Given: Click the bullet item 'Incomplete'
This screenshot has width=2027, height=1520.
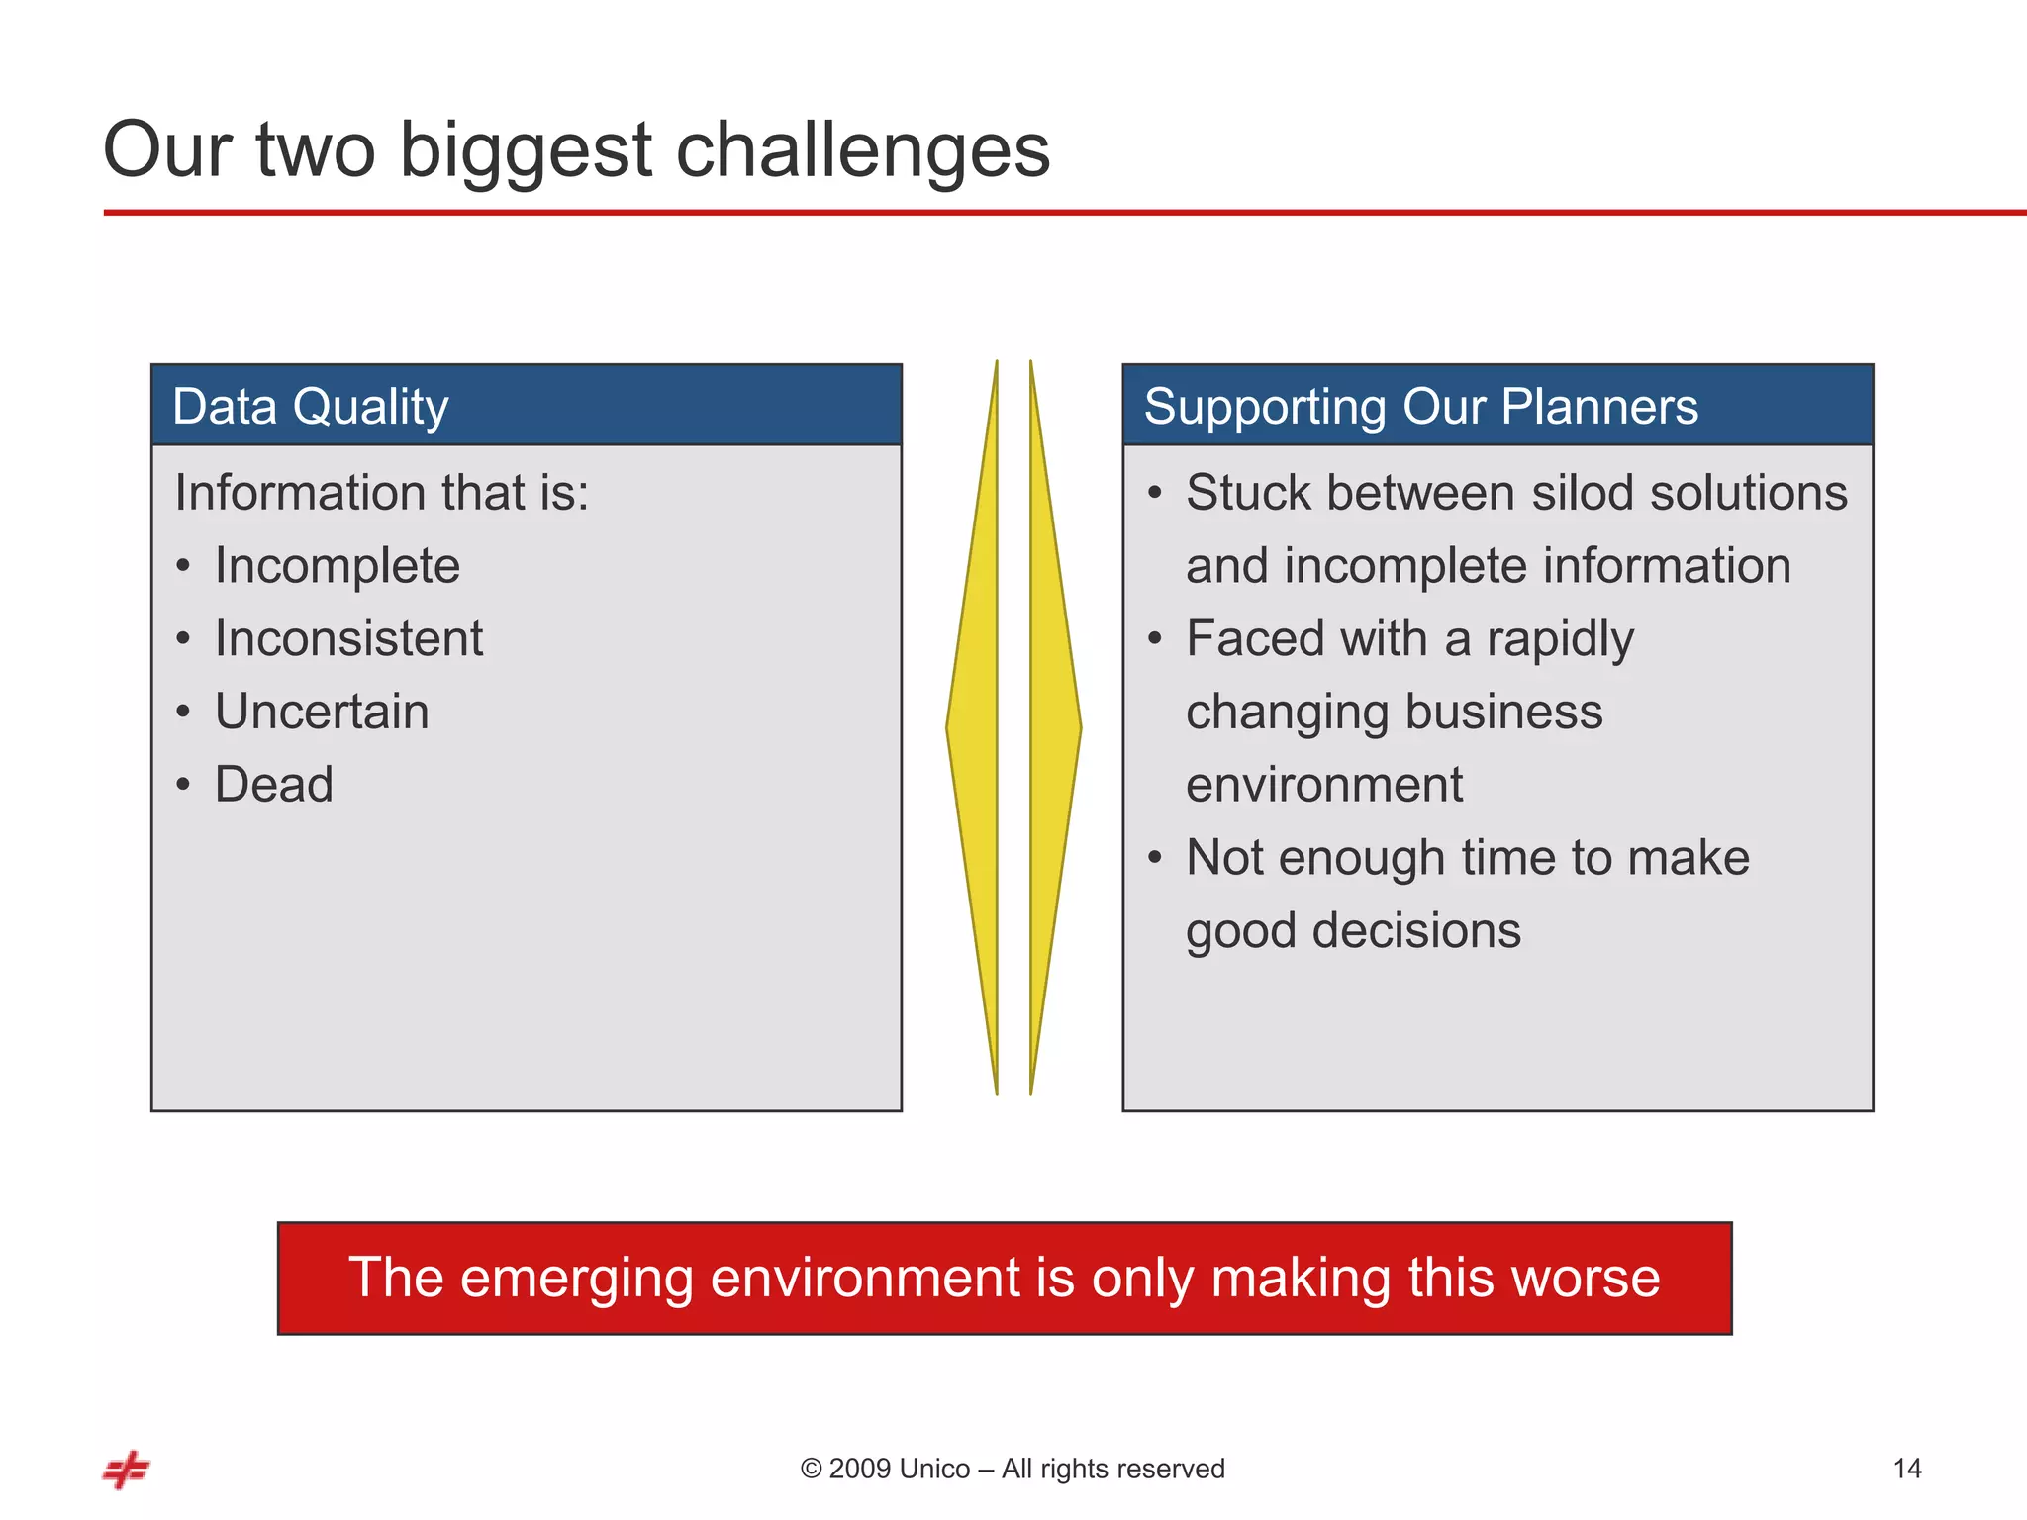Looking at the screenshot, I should coord(337,566).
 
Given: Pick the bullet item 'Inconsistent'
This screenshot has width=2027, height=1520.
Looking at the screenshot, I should coord(348,638).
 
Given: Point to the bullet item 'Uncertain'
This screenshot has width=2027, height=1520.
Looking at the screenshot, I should coord(322,712).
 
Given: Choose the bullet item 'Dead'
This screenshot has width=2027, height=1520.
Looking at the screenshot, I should coord(274,785).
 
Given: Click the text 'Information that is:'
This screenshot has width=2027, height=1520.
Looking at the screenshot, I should coord(381,493).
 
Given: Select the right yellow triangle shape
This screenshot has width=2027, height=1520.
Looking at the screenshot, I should coord(1051,727).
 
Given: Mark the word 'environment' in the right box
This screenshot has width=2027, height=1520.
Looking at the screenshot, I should coord(1323,785).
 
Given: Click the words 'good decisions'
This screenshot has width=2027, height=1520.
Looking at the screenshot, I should coord(1353,931).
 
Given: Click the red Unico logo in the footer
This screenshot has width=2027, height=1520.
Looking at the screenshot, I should coord(127,1470).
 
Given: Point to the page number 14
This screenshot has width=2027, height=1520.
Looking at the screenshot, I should coord(1906,1469).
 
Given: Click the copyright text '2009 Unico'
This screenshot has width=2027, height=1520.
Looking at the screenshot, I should coord(899,1469).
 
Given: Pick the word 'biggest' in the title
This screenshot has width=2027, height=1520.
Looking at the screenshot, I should coord(525,150).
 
